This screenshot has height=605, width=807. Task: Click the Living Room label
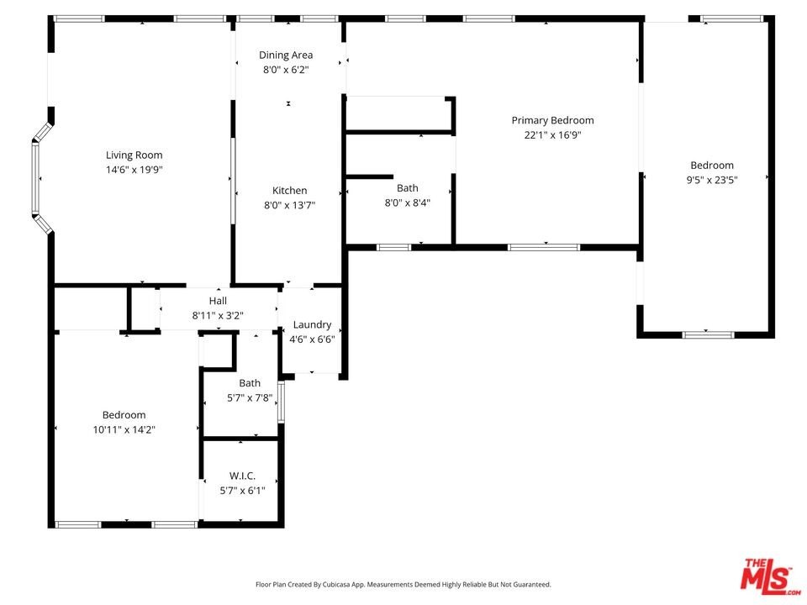(134, 155)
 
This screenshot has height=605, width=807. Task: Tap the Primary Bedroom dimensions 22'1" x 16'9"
(552, 134)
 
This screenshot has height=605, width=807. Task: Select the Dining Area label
(286, 55)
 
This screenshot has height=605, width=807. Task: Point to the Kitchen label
(290, 191)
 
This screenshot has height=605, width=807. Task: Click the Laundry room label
(312, 324)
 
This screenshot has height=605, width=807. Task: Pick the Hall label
(218, 301)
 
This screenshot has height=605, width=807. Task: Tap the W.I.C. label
(242, 476)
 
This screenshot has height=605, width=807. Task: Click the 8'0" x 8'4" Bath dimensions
(407, 203)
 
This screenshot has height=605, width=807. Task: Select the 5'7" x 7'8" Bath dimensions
(250, 397)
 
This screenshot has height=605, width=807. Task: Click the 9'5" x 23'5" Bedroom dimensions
(712, 180)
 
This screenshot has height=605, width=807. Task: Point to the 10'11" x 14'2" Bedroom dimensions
(124, 429)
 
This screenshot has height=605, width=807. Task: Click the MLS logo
(769, 576)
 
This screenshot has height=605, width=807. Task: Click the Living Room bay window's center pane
(35, 177)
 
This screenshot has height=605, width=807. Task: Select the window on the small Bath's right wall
(281, 402)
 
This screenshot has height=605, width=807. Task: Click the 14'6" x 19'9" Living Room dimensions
(134, 169)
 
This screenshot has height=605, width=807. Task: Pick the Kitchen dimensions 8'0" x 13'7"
(290, 205)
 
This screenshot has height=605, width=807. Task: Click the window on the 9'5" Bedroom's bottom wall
(708, 335)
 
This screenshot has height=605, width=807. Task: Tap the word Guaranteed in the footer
(535, 585)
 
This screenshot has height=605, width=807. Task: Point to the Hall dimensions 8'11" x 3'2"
(218, 315)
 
